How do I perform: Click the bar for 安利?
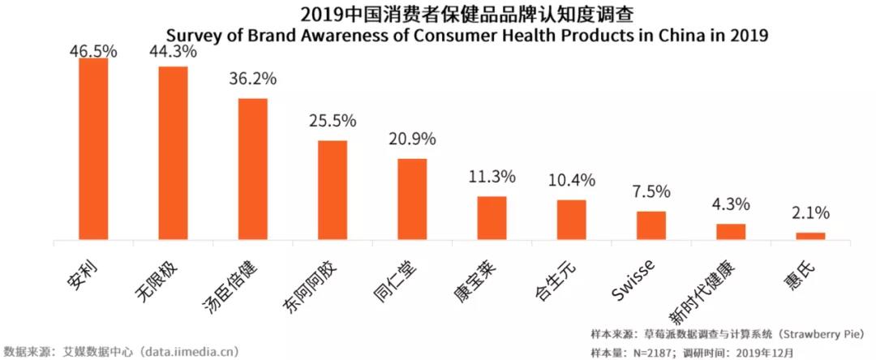[x=93, y=150]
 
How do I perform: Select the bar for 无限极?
[x=173, y=153]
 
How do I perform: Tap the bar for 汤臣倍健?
[x=252, y=169]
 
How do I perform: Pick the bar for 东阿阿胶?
[x=332, y=191]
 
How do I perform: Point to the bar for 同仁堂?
[x=412, y=199]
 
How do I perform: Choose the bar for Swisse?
[x=651, y=226]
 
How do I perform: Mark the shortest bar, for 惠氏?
[x=810, y=236]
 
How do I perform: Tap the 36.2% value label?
[x=252, y=79]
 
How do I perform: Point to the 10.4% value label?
[x=571, y=180]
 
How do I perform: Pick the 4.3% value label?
[x=731, y=204]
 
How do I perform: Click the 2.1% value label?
[x=810, y=213]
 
